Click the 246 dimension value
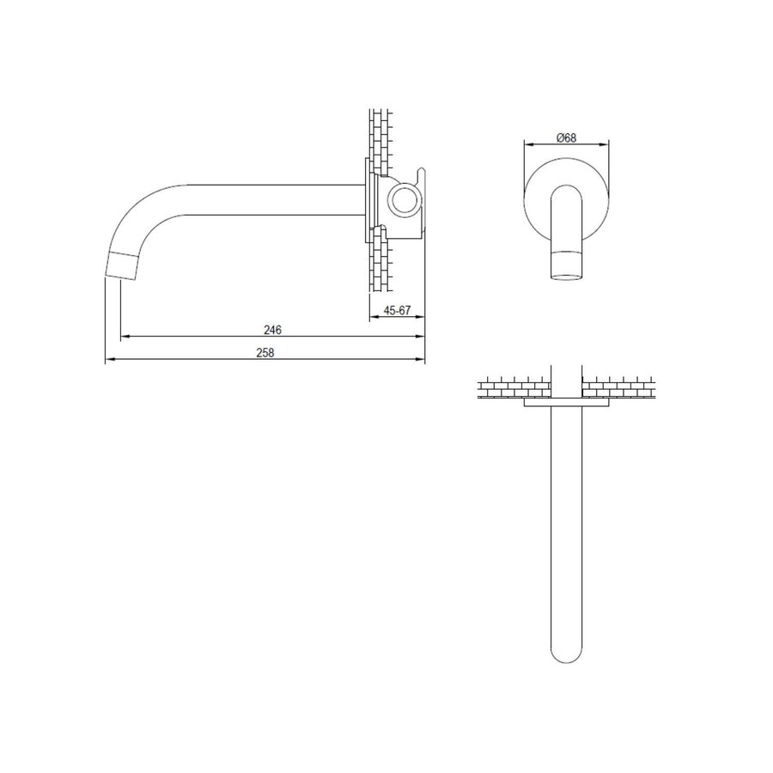click(273, 329)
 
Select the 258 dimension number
click(265, 353)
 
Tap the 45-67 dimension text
click(397, 312)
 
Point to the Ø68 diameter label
click(565, 138)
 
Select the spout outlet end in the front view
click(564, 266)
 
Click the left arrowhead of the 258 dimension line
click(108, 362)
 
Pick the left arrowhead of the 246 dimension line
click(123, 337)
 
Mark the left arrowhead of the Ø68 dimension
click(527, 145)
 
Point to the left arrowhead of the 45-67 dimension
click(372, 320)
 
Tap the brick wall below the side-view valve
click(378, 266)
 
